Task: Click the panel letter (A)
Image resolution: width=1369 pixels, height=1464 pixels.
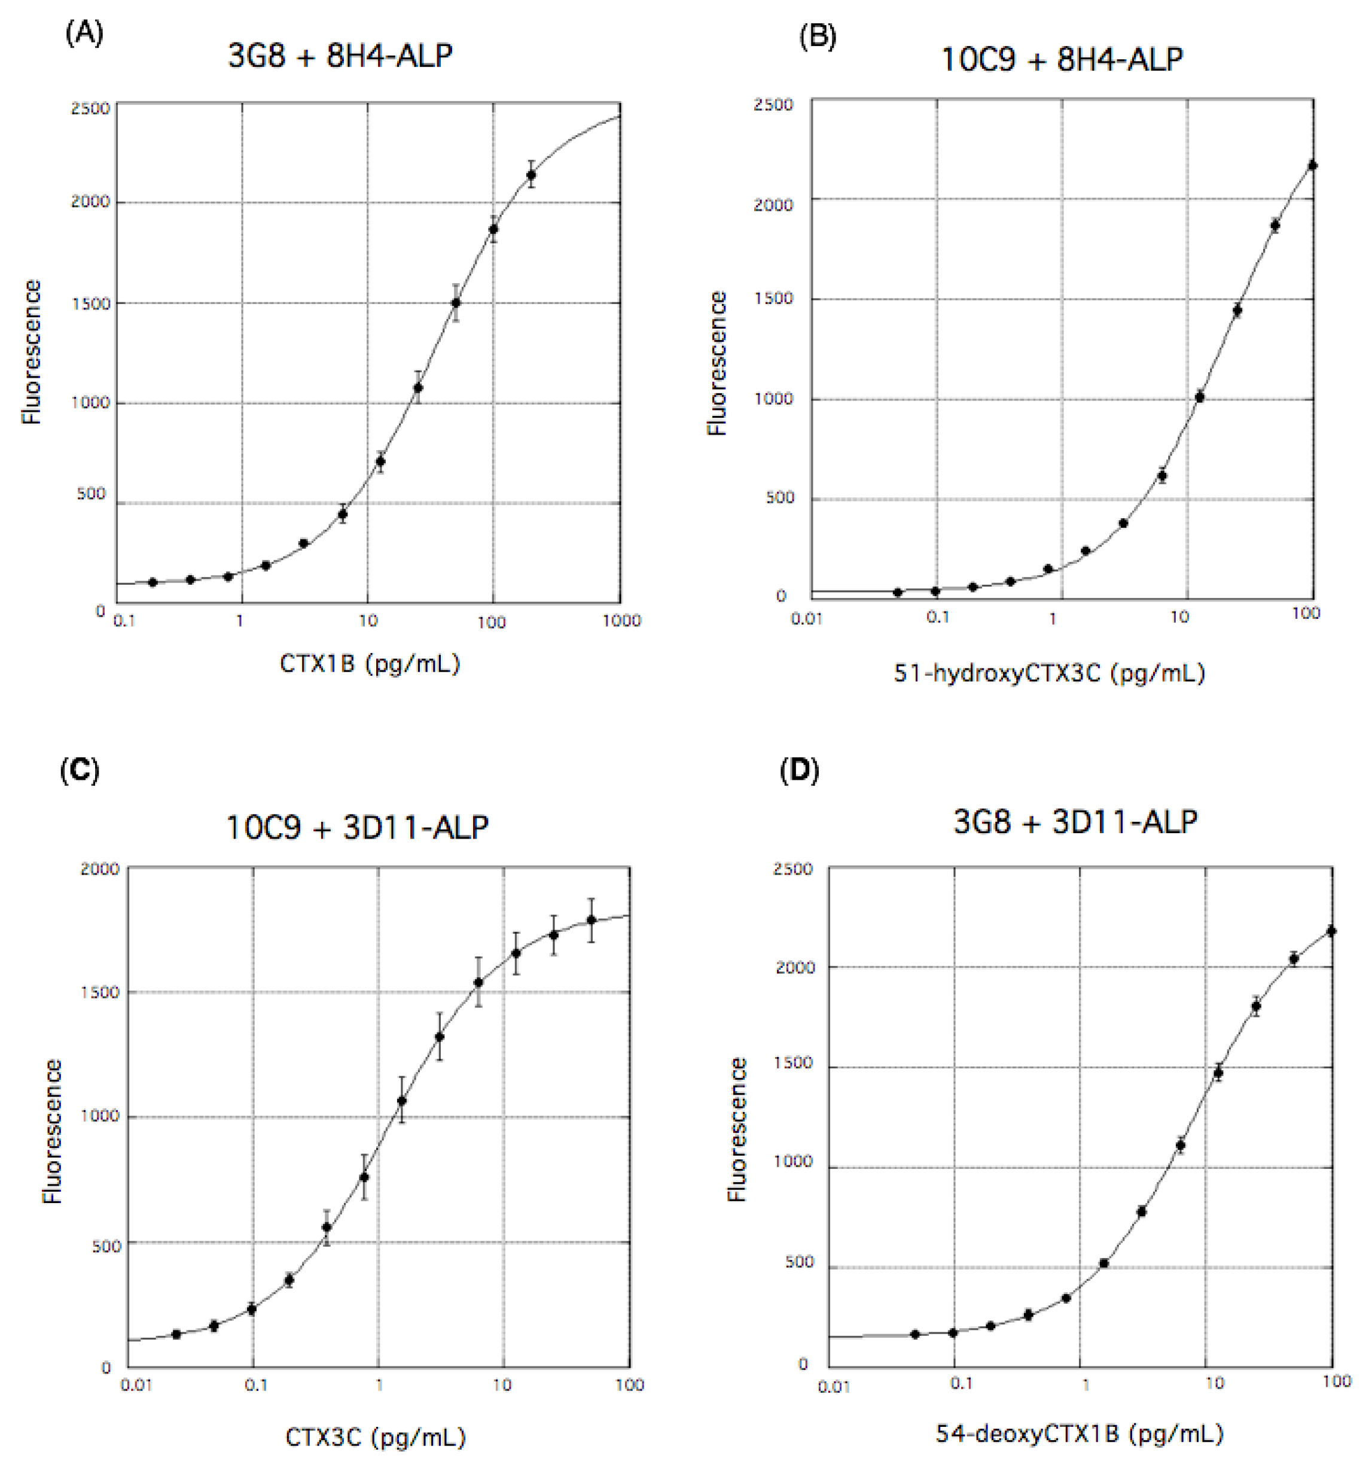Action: pyautogui.click(x=84, y=34)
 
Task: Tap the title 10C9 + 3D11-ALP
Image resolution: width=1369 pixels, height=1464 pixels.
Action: pyautogui.click(x=357, y=827)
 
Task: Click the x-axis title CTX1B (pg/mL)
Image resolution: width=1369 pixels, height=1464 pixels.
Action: pyautogui.click(x=370, y=664)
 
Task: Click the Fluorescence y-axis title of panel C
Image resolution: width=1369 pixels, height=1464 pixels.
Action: pyautogui.click(x=52, y=1132)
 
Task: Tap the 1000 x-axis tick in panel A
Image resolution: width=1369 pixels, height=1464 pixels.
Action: pyautogui.click(x=621, y=621)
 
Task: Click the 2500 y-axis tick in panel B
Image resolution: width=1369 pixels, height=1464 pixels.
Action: pyautogui.click(x=773, y=105)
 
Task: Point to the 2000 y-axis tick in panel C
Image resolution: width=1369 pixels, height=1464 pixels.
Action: pyautogui.click(x=99, y=869)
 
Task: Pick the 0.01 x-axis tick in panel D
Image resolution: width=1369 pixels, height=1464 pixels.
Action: pyautogui.click(x=834, y=1387)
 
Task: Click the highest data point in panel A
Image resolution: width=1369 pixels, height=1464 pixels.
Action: pyautogui.click(x=530, y=175)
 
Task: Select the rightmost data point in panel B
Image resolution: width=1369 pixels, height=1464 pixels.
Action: pyautogui.click(x=1312, y=166)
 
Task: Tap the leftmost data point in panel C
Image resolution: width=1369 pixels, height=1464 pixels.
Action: pyautogui.click(x=176, y=1334)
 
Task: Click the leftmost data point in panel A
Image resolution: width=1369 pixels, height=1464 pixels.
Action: pyautogui.click(x=153, y=582)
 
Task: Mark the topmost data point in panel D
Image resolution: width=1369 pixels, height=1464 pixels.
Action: pyautogui.click(x=1331, y=931)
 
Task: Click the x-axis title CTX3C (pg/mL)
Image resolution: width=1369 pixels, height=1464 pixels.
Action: pyautogui.click(x=376, y=1436)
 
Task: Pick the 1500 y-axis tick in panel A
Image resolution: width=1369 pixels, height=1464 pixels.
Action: pyautogui.click(x=90, y=303)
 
